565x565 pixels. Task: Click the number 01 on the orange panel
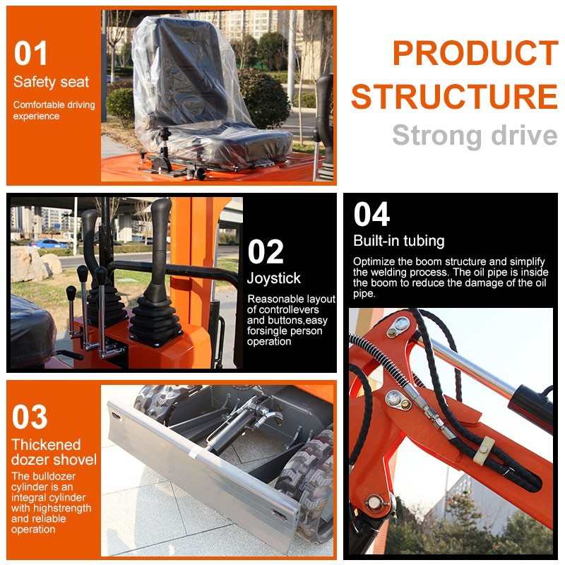(30, 53)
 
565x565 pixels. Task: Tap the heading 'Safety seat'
(51, 82)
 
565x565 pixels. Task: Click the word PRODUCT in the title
(475, 52)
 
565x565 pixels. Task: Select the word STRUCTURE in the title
(454, 96)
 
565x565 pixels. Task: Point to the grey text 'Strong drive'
(475, 136)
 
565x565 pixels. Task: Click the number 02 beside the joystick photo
(266, 252)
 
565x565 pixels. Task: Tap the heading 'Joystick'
(273, 278)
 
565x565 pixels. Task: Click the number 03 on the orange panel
(30, 417)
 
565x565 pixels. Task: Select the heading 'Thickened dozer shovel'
(54, 452)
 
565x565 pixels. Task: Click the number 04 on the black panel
(371, 214)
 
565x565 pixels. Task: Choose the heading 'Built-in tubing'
(399, 241)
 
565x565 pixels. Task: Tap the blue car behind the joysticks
(49, 244)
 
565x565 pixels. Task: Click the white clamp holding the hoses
(484, 449)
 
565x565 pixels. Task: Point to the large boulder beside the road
(29, 263)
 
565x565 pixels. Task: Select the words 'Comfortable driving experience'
(54, 110)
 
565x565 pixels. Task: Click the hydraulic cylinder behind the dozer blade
(231, 432)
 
